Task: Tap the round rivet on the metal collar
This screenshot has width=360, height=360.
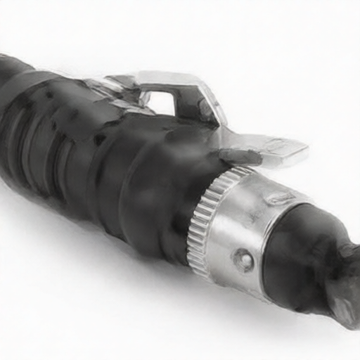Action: pos(243,261)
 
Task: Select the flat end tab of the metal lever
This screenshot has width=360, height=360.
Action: pos(285,149)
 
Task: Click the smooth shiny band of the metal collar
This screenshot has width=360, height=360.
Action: pos(239,225)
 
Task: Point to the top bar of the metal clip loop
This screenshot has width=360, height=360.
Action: pos(172,79)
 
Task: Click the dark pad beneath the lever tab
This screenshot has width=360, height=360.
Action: pos(239,156)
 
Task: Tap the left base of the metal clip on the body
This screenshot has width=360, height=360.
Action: pos(105,88)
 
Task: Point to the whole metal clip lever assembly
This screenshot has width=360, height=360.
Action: pos(204,116)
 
